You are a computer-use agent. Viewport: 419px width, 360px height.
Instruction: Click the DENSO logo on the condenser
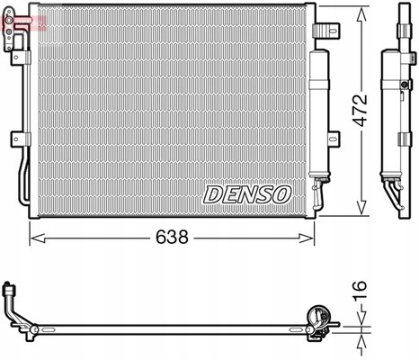(x=246, y=193)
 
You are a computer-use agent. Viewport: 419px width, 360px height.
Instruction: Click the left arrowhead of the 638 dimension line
(x=35, y=238)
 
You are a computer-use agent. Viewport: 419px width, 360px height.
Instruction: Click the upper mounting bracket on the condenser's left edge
(x=17, y=55)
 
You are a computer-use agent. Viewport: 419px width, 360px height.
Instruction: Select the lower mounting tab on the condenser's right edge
(x=334, y=139)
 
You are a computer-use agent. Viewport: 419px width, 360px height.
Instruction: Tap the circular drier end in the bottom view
(x=317, y=317)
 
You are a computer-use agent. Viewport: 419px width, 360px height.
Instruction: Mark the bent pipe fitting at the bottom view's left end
(x=16, y=306)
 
